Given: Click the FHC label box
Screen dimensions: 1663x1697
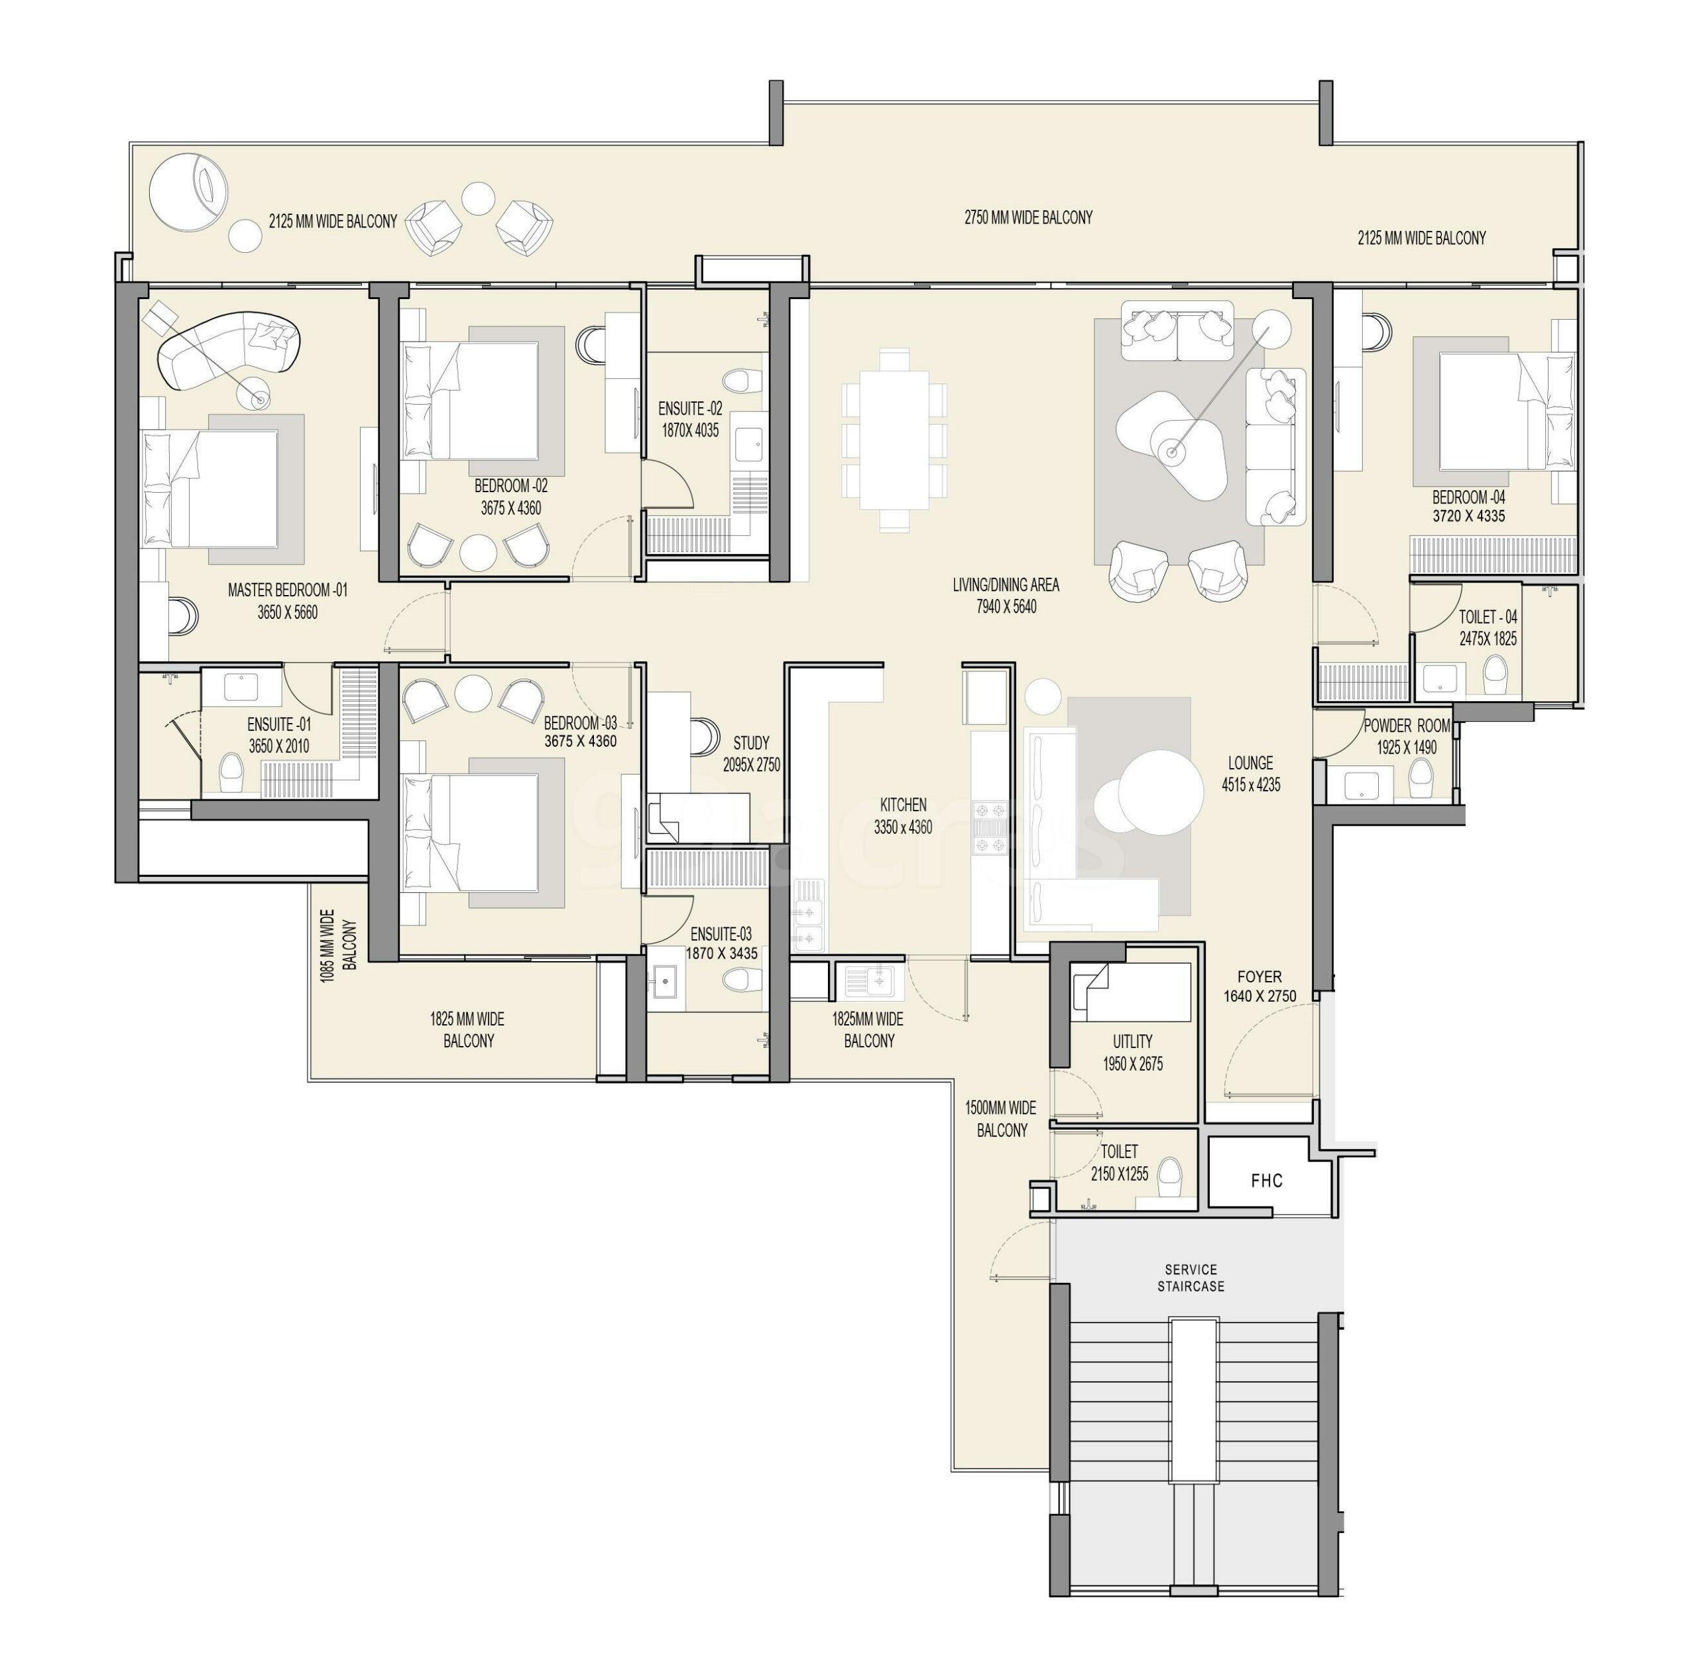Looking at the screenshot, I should (1267, 1181).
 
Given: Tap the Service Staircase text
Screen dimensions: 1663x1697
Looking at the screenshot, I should (1191, 1278).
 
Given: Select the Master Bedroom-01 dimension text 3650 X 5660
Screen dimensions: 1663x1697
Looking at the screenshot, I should (287, 612).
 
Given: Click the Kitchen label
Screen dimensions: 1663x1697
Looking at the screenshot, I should (903, 805).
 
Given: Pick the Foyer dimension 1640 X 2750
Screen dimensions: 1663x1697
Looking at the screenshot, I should (1259, 996).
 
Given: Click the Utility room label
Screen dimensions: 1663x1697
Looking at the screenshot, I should (1132, 1041).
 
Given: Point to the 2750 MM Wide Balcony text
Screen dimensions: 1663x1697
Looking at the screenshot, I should (1028, 218).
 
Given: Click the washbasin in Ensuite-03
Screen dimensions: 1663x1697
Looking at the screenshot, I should (667, 982).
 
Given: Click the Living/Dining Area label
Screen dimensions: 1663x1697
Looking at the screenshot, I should (1006, 584).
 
